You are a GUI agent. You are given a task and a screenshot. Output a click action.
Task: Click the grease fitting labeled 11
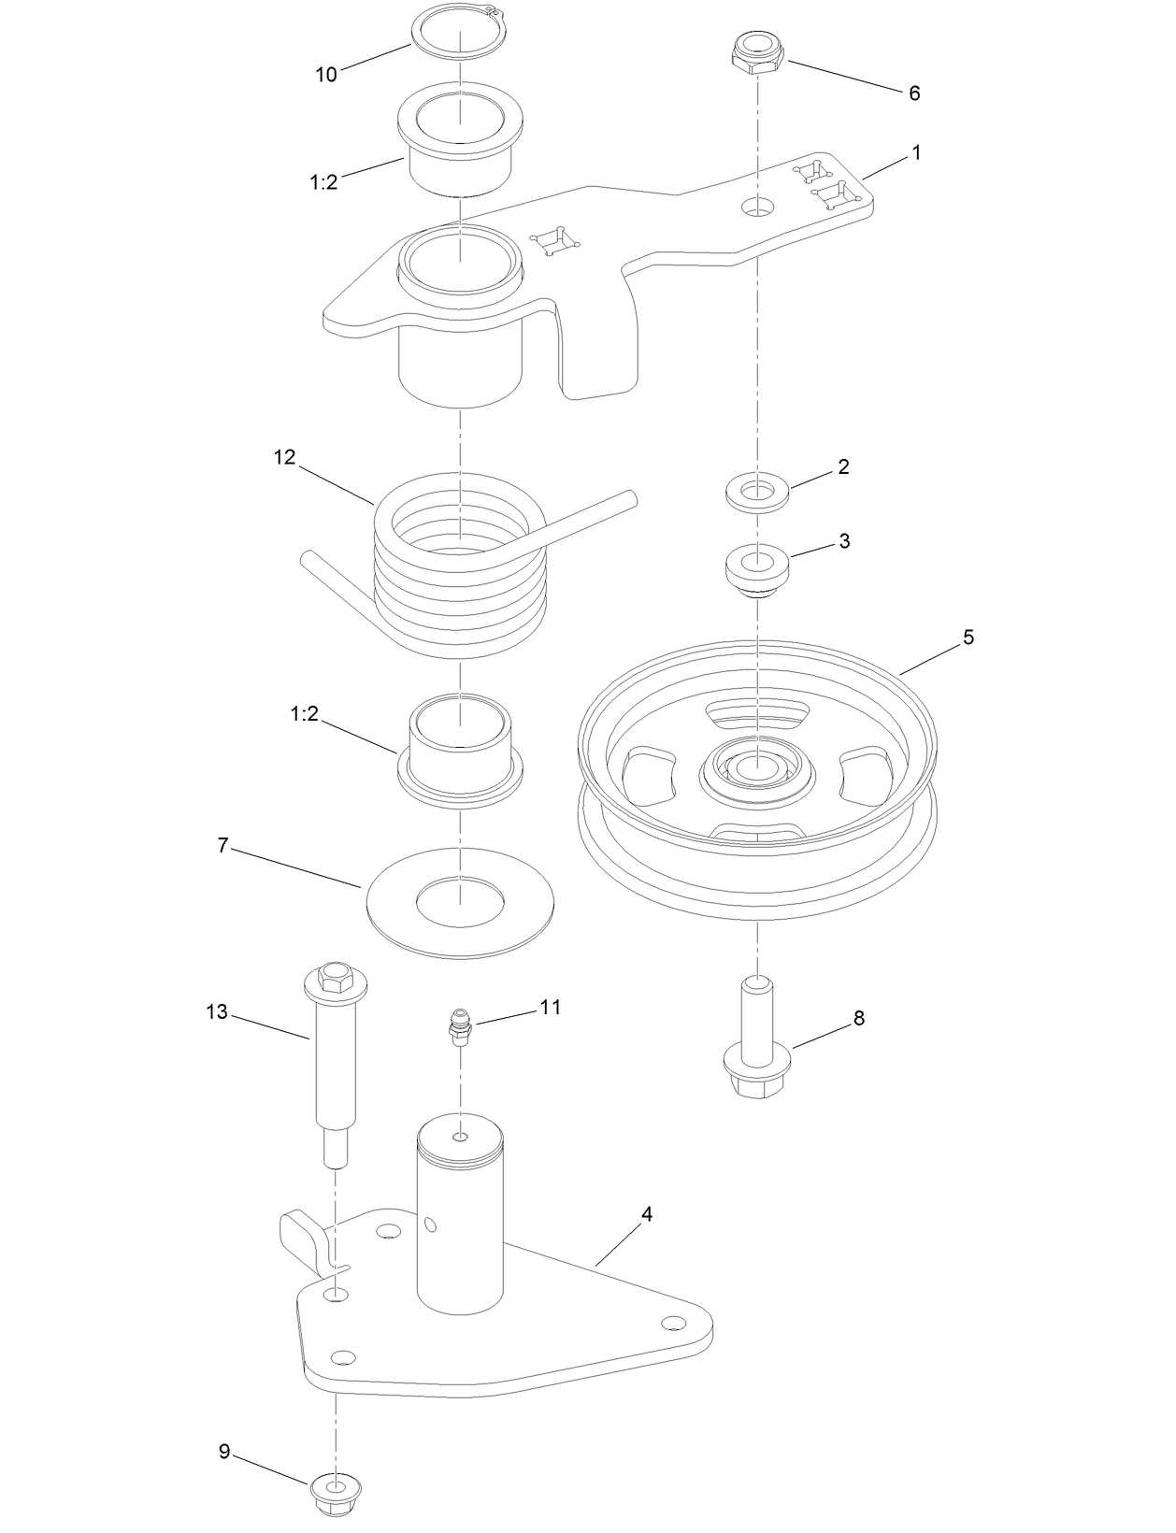click(x=459, y=1025)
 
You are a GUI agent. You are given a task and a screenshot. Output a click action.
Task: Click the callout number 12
click(x=285, y=457)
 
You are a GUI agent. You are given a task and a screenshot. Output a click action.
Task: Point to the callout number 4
click(x=647, y=1214)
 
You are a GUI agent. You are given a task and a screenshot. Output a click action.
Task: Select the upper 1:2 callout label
click(x=323, y=182)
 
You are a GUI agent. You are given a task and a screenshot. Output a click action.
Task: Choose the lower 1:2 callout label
click(x=305, y=713)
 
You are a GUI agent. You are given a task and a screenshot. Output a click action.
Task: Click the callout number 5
click(x=968, y=637)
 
